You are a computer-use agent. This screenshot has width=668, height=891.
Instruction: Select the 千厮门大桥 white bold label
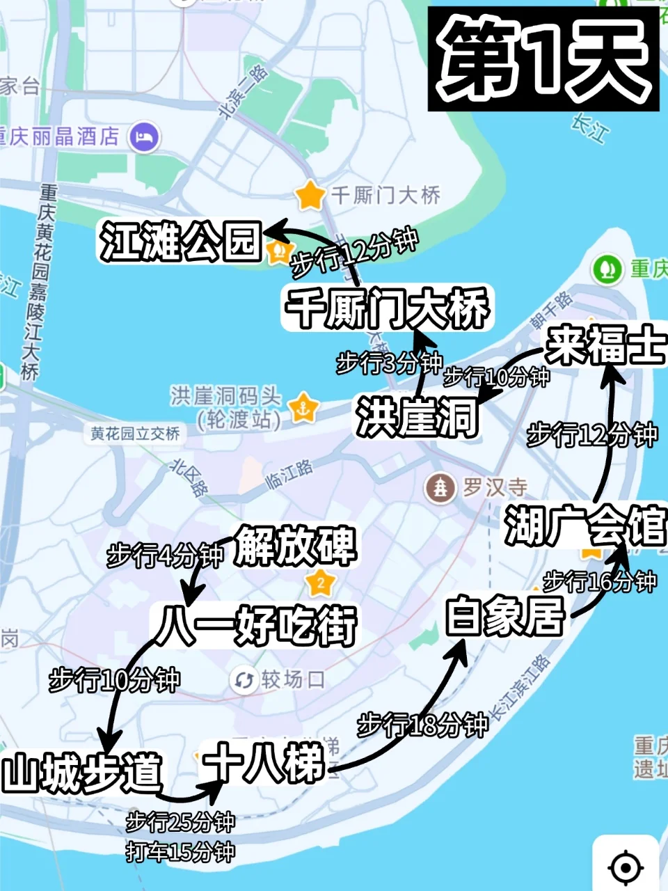[388, 308]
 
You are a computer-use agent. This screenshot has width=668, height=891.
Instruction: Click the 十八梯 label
[264, 764]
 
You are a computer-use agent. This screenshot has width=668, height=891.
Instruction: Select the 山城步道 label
[82, 773]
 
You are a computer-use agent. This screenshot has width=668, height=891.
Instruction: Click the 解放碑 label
[295, 546]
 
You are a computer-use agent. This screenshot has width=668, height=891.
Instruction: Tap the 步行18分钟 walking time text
[422, 725]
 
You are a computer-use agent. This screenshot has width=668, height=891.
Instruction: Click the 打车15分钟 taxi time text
[180, 851]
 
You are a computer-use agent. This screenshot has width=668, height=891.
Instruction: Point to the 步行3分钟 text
[388, 363]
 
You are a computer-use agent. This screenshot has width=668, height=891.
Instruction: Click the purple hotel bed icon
[145, 136]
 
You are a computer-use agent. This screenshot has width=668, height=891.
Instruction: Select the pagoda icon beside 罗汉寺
[440, 488]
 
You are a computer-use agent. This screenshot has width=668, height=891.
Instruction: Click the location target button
[625, 867]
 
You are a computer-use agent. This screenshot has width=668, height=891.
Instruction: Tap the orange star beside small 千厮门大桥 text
[310, 196]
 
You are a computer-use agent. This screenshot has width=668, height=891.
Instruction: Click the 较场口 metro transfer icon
[244, 680]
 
